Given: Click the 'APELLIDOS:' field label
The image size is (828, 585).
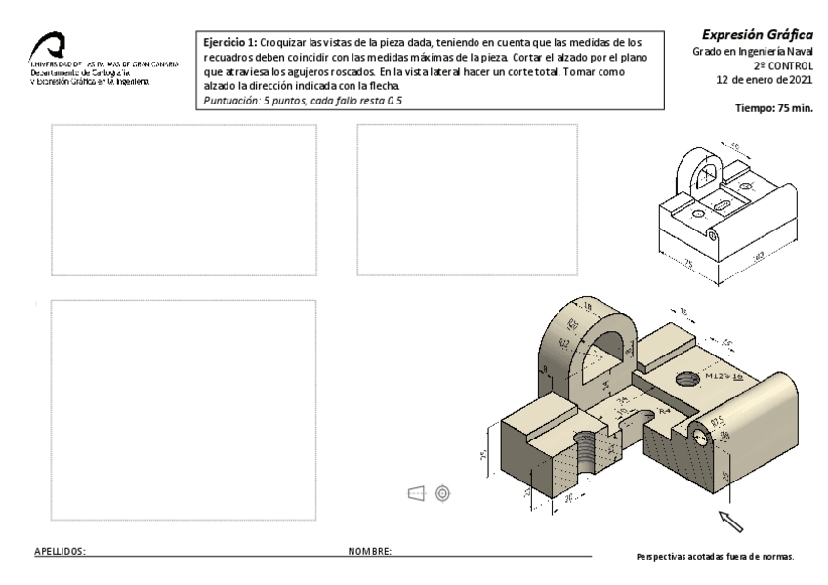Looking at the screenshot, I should pos(61,552).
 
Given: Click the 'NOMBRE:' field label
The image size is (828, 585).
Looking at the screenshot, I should pos(370,552).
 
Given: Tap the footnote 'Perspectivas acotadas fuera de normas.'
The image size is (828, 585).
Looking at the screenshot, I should pos(715,557).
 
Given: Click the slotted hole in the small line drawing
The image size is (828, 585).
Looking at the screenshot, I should pos(724,202).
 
